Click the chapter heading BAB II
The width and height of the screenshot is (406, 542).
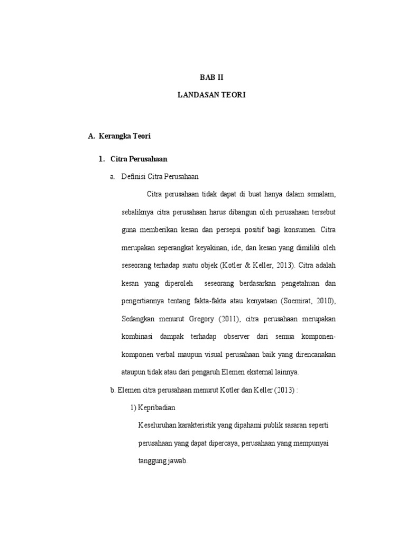tap(212, 77)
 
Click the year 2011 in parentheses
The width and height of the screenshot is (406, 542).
tap(241, 319)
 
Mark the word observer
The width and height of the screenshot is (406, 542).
tap(238, 337)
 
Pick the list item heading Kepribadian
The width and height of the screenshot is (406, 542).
tap(157, 408)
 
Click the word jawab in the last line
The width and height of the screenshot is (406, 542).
tap(177, 461)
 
